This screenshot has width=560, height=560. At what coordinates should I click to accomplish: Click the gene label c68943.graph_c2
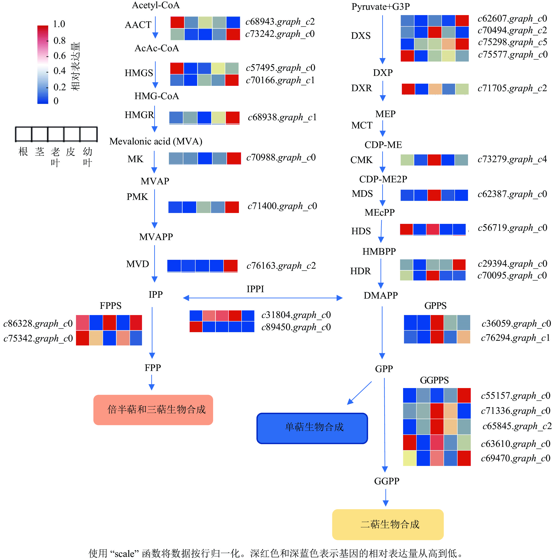click(x=280, y=22)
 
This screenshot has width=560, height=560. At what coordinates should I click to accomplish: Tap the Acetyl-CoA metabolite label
click(x=156, y=5)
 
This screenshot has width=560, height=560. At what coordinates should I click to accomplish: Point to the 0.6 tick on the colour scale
click(x=60, y=56)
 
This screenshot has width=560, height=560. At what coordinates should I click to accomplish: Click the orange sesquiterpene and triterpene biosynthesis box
click(x=153, y=410)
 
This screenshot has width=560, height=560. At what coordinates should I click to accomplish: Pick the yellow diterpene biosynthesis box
click(x=388, y=524)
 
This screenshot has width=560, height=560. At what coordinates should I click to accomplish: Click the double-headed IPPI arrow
click(x=262, y=298)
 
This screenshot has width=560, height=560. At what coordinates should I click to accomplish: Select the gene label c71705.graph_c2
click(x=512, y=88)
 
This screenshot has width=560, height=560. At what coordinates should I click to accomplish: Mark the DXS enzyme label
click(x=361, y=36)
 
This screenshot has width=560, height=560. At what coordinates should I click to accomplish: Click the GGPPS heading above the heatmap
click(x=434, y=380)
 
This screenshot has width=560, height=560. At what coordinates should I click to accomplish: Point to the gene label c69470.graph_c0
click(x=515, y=458)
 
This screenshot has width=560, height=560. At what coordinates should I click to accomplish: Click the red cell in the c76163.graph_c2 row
click(x=230, y=266)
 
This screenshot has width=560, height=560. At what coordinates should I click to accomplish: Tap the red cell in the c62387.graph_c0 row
click(x=434, y=195)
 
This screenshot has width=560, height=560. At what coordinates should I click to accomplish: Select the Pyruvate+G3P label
click(x=381, y=7)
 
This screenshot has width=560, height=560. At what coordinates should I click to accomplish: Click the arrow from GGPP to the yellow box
click(x=386, y=497)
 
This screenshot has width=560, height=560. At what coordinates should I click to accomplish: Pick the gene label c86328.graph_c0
click(x=38, y=323)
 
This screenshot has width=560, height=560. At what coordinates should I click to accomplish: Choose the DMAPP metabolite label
click(x=381, y=295)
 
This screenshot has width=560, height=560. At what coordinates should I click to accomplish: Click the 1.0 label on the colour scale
click(x=59, y=24)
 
